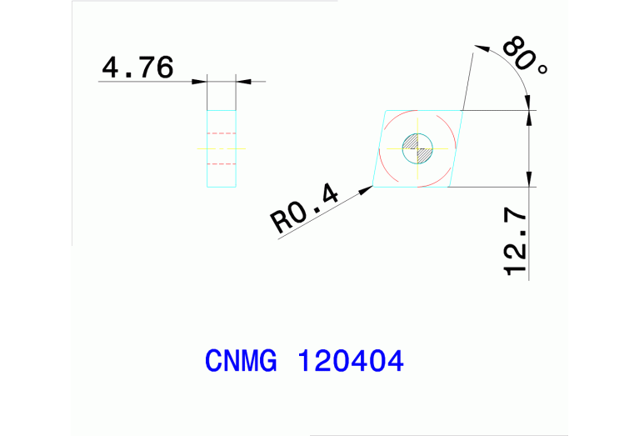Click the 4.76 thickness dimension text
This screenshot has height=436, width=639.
click(137, 68)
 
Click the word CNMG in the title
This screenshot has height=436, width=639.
click(241, 362)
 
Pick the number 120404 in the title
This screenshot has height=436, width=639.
click(350, 362)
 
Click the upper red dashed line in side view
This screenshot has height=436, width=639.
click(222, 133)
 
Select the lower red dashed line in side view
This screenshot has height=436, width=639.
click(222, 164)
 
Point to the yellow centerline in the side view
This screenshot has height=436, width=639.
click(222, 148)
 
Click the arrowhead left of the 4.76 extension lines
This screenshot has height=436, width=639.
click(200, 81)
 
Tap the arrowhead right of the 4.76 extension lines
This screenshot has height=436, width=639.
click(242, 81)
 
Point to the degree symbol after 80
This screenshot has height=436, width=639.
click(542, 70)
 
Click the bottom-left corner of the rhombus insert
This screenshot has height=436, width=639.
click(372, 187)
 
